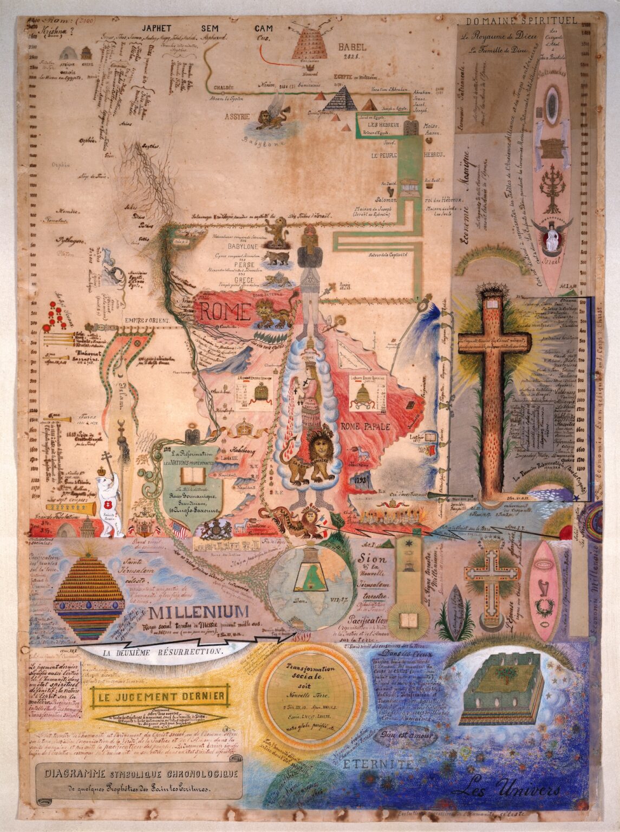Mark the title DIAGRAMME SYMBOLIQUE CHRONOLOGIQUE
[x=139, y=776]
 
